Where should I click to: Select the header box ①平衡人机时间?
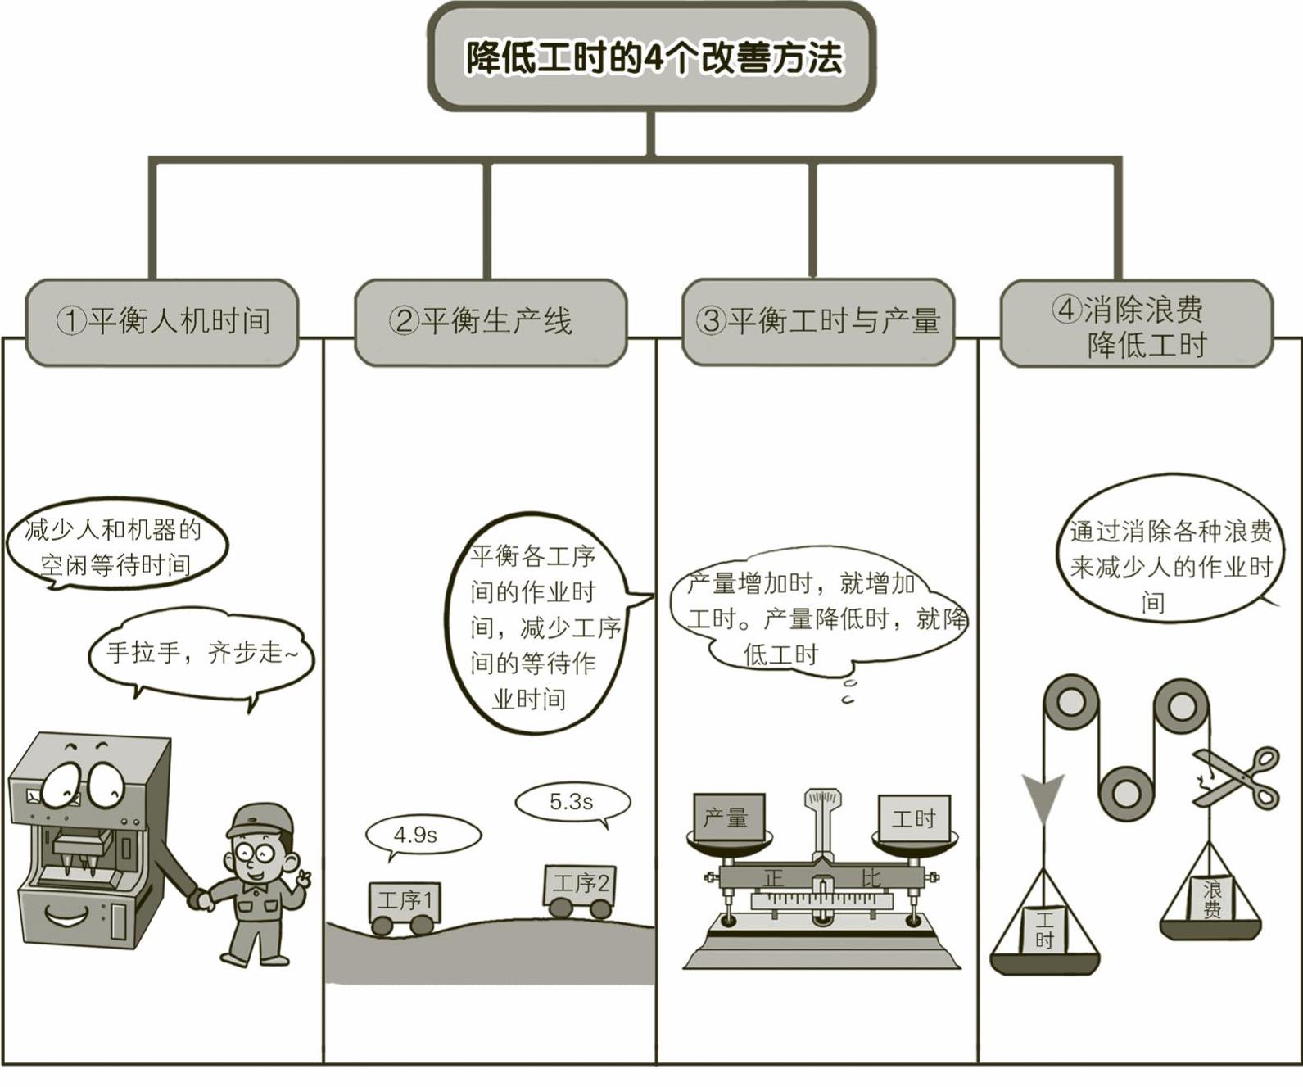[162, 321]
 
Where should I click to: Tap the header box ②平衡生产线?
[490, 321]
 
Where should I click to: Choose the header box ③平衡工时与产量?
[817, 321]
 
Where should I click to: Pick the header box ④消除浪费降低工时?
[1136, 324]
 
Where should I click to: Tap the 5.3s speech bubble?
[572, 802]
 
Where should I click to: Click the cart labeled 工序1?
[404, 904]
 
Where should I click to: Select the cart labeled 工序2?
[580, 887]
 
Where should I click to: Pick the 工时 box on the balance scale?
[914, 817]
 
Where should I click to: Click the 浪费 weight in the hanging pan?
[1211, 899]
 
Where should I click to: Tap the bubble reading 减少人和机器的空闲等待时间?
[115, 546]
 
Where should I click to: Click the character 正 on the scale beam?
[774, 878]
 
